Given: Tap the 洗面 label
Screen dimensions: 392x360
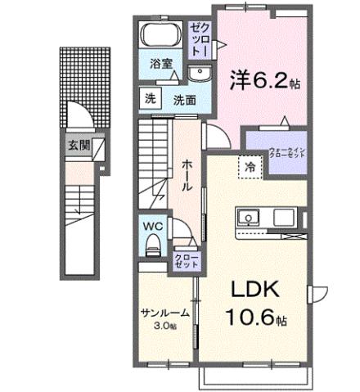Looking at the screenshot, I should coord(184,100).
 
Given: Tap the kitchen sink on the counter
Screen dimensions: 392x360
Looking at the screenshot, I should coord(248,218).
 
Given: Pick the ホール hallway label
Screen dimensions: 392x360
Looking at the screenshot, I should coord(187,174).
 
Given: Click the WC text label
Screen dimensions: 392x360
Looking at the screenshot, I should coord(153,223).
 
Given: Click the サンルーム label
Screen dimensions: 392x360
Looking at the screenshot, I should coord(164,313).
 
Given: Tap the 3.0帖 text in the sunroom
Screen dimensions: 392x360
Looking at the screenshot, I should coord(165,326).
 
